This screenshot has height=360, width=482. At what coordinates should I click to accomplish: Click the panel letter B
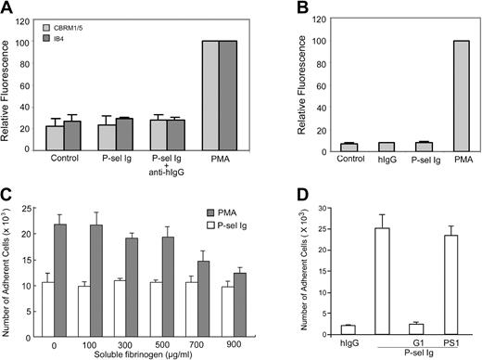point(285,8)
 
